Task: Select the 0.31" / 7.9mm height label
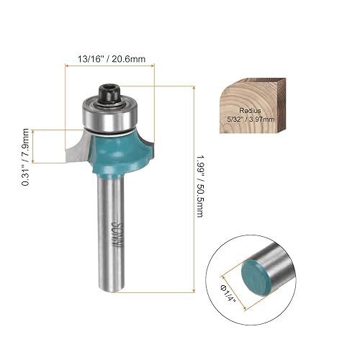tap(27, 147)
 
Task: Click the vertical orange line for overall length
tap(194, 188)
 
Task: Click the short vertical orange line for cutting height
tap(49, 147)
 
